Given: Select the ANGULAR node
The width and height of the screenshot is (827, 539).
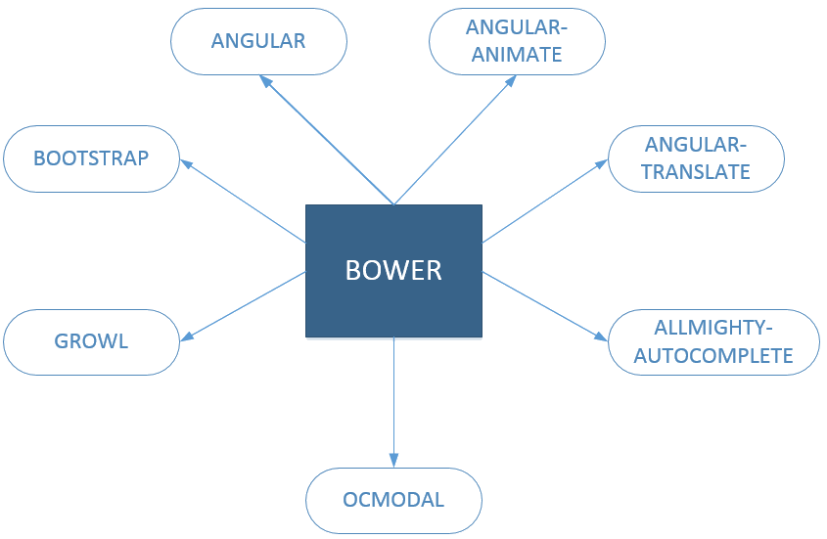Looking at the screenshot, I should click(259, 41).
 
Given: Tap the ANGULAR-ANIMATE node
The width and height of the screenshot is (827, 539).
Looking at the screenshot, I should click(517, 41).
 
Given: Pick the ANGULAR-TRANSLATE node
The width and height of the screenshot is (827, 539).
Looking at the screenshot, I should click(696, 158).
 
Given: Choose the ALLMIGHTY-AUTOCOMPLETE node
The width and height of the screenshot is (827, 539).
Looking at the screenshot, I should click(713, 341).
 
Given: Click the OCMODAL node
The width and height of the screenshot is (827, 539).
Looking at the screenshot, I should click(393, 500).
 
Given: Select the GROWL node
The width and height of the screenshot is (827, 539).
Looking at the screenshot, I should click(92, 342).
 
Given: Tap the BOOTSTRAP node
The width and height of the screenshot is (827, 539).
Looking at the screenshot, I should click(91, 157).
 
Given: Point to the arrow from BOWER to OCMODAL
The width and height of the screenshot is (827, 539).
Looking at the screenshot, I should click(393, 401).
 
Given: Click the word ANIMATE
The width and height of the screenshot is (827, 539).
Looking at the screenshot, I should click(517, 54).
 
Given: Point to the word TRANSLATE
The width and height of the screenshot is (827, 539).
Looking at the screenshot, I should click(696, 172).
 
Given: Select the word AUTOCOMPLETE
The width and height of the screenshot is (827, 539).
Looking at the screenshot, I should click(713, 355).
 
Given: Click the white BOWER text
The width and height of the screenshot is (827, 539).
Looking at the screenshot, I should click(393, 270).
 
